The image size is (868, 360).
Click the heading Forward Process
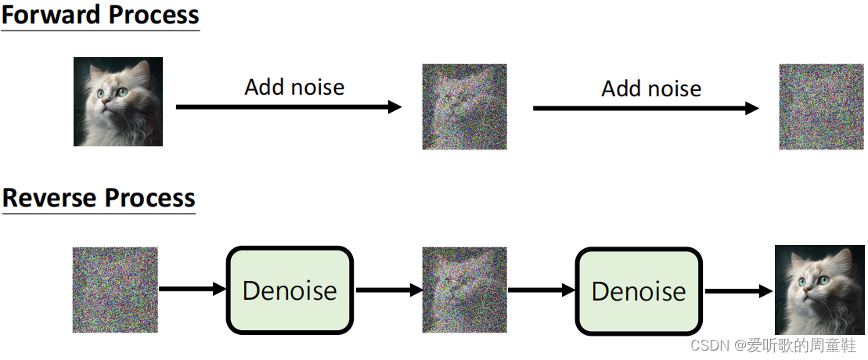100,16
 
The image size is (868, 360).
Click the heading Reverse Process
99,198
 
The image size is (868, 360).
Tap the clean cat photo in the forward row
118,102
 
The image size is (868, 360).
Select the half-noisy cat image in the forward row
464,106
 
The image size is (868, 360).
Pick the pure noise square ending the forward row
820,106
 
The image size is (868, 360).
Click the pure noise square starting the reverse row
115,290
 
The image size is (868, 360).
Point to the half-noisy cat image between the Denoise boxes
464,290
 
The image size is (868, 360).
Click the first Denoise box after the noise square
290,290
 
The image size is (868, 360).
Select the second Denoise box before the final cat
639,290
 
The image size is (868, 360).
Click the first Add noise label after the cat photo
294,87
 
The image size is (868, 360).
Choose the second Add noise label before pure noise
651,88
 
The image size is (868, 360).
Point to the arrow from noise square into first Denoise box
192,290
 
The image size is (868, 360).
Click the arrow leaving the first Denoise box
388,290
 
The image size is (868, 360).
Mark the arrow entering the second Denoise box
541,290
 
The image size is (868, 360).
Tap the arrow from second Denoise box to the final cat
738,290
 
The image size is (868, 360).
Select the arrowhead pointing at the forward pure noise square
752,108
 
